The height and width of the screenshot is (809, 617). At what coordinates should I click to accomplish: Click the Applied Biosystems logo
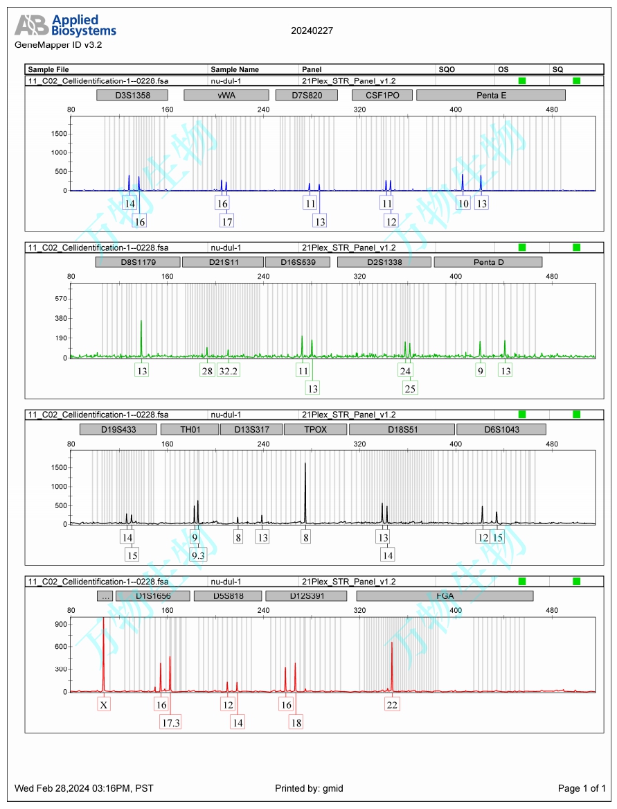(x=66, y=26)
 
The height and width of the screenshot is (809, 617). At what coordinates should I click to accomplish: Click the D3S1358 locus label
(x=132, y=95)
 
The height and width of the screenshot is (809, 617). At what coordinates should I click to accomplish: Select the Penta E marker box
(x=491, y=95)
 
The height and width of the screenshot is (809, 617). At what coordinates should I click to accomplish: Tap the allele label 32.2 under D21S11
(x=229, y=371)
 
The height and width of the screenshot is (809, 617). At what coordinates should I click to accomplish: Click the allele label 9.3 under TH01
(x=198, y=555)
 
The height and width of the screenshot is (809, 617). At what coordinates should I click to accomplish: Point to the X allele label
(x=104, y=704)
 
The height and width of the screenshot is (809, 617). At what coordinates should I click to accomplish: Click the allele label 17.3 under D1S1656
(x=171, y=722)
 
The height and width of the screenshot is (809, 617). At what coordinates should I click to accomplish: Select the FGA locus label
(x=445, y=595)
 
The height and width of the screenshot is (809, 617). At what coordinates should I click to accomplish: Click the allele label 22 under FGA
(x=392, y=704)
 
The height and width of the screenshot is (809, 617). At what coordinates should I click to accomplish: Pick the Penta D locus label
(x=488, y=262)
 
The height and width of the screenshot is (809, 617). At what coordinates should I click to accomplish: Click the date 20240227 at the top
(x=312, y=31)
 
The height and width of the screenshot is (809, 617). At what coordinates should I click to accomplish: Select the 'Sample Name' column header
(x=235, y=69)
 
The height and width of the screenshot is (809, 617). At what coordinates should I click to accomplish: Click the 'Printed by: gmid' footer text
(x=309, y=788)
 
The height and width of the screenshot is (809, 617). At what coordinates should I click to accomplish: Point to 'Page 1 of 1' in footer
(x=582, y=788)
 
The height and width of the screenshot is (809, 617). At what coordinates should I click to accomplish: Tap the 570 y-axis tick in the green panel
(x=60, y=299)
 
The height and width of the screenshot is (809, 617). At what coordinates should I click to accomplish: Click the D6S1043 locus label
(x=501, y=429)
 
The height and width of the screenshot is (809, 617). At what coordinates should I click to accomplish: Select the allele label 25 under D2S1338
(x=410, y=388)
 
